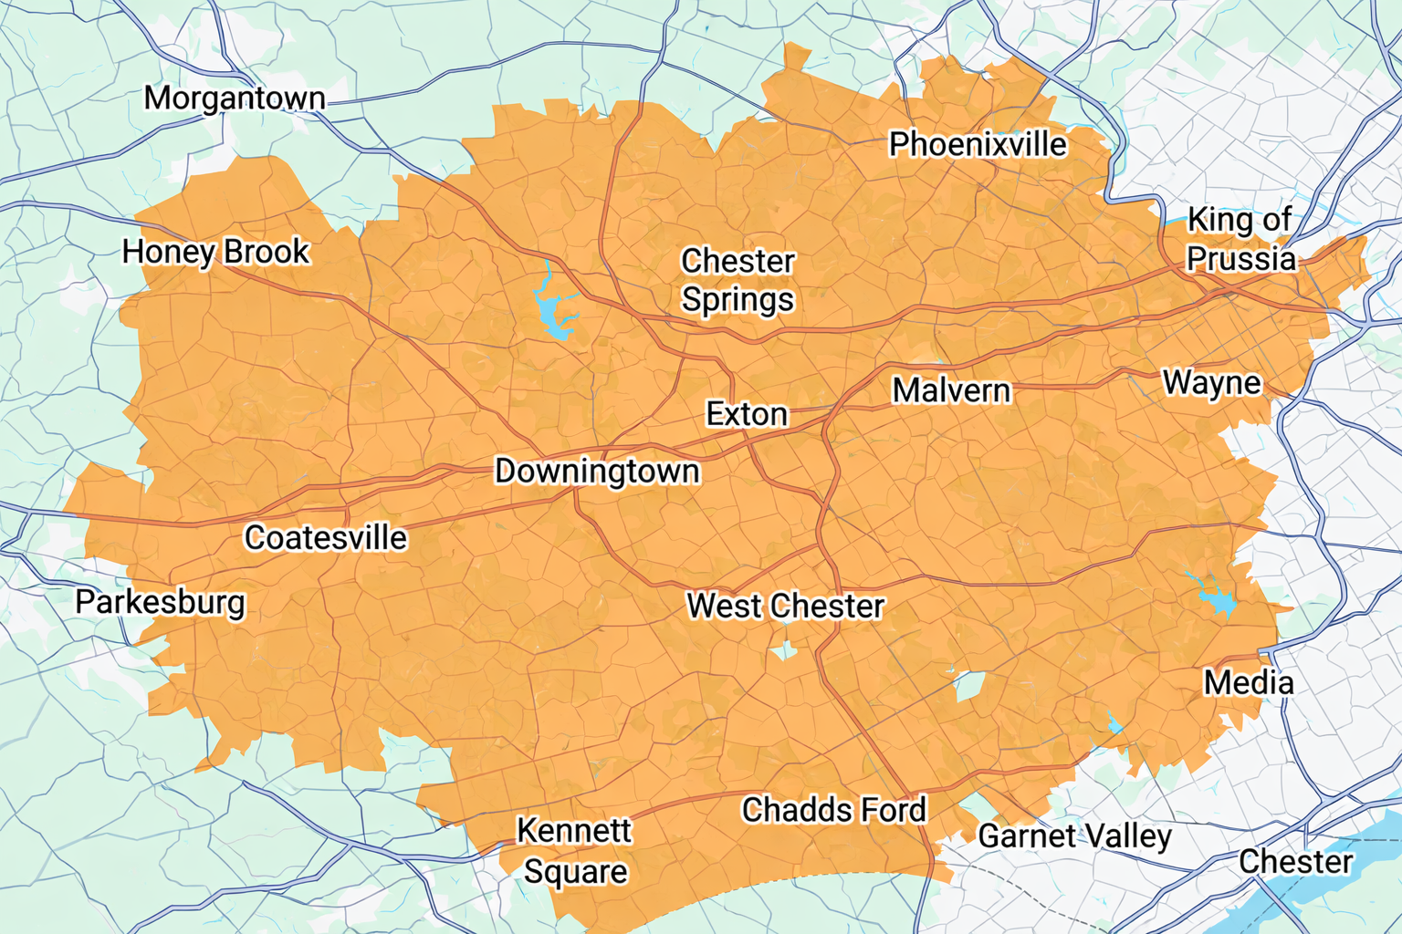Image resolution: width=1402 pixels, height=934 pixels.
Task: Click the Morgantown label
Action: (235, 98)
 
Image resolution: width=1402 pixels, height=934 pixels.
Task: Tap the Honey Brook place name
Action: (216, 252)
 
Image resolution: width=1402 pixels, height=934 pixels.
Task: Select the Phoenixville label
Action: (978, 144)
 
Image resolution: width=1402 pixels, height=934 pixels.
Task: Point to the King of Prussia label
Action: (1240, 240)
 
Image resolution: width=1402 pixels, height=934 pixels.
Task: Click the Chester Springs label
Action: (738, 280)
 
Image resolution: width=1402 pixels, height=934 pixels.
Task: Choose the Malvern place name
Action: (951, 390)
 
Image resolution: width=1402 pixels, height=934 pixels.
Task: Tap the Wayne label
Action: (1211, 382)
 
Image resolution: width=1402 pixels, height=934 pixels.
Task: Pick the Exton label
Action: (747, 414)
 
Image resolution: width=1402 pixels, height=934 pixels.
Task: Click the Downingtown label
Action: (597, 472)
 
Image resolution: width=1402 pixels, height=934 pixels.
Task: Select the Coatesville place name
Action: (326, 538)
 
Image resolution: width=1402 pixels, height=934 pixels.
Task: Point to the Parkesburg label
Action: (161, 603)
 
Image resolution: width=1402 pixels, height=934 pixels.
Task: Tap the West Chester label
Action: (785, 606)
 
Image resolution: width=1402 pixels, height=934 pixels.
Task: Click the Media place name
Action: (1249, 682)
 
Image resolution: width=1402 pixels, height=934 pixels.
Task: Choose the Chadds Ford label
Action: (833, 810)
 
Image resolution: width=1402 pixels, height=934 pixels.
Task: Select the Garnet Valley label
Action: (1074, 836)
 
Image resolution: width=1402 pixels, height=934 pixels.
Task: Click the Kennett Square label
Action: (574, 851)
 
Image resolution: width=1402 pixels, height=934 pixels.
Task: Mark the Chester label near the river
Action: (1295, 862)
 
